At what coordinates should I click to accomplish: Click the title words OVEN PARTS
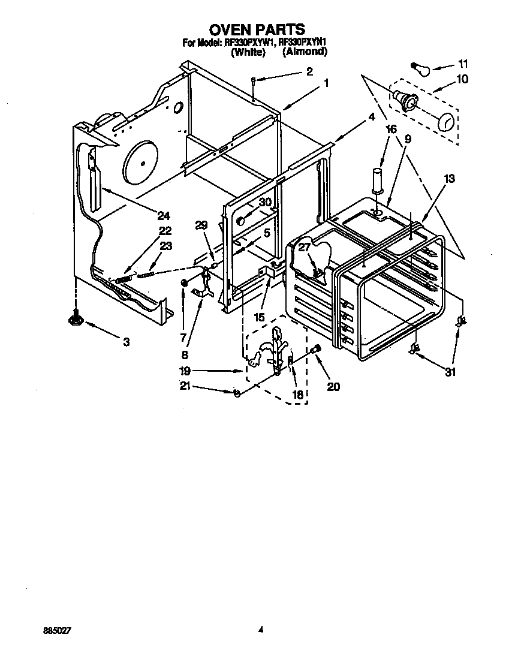[x=257, y=29]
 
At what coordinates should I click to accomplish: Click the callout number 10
[x=462, y=79]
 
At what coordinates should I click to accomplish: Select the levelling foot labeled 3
[x=76, y=318]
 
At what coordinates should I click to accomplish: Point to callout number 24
[x=164, y=216]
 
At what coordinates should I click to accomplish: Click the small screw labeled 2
[x=254, y=80]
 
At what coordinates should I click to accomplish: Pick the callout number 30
[x=265, y=202]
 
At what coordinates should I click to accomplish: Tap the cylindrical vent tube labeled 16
[x=378, y=180]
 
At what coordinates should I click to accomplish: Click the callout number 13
[x=449, y=178]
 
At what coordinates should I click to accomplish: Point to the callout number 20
[x=333, y=387]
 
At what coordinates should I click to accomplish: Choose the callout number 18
[x=297, y=395]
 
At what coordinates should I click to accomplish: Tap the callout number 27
[x=305, y=248]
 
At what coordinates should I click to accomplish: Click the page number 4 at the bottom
[x=261, y=630]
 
